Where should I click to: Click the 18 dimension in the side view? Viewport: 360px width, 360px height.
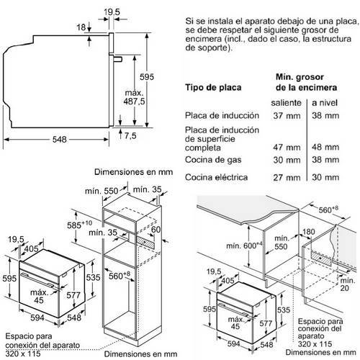pos(81,27)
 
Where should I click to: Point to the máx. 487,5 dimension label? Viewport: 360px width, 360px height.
pos(134,97)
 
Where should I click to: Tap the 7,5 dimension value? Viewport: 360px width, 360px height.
pos(130,136)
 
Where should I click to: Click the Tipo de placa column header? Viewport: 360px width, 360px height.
pos(213,87)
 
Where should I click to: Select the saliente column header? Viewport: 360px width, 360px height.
pos(286,103)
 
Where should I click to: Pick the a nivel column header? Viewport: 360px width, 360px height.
pos(325,103)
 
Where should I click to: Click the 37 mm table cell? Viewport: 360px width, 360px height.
pos(287,116)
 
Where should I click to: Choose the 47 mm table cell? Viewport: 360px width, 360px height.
pos(287,148)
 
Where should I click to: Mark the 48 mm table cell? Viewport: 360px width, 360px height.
pos(325,147)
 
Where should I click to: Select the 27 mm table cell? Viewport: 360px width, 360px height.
pos(287,178)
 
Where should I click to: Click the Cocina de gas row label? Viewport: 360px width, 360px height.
pos(213,160)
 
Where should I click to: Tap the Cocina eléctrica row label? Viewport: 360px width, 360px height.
pos(216,177)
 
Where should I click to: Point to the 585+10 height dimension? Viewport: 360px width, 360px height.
pos(79,225)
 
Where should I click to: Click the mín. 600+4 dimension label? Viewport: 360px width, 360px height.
pos(244,246)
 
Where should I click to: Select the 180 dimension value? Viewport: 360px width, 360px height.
pos(309,232)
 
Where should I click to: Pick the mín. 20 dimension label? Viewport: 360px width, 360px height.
pos(348,284)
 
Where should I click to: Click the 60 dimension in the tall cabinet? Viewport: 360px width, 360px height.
pos(156,230)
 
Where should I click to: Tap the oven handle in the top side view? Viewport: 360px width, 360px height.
pos(118,59)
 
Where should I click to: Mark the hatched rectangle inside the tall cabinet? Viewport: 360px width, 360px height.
pos(145,243)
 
